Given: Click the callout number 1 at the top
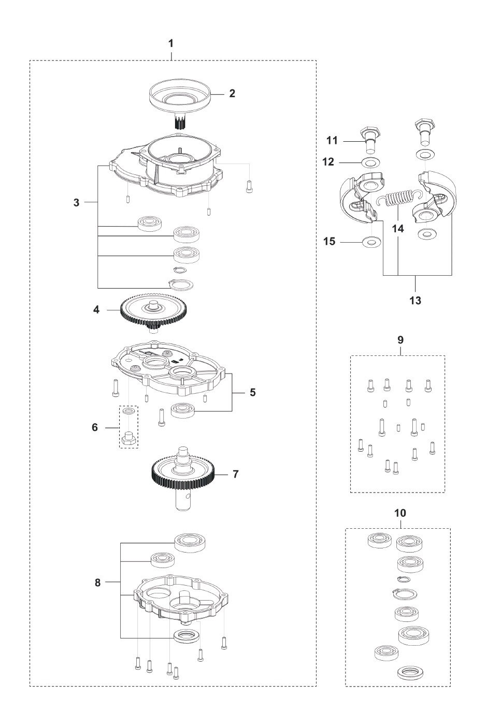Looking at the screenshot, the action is click(x=171, y=43).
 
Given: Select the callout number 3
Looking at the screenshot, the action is click(x=76, y=202).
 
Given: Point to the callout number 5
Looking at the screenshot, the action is click(x=253, y=392).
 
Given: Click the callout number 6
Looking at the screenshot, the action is click(x=95, y=427).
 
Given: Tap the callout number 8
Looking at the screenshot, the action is click(x=97, y=583).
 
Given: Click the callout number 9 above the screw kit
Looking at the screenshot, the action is click(x=400, y=340).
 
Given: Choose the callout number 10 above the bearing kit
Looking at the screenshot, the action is click(x=400, y=513).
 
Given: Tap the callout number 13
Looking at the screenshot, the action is click(x=415, y=301).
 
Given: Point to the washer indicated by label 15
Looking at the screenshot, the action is click(x=370, y=242).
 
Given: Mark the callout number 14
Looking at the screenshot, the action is click(x=398, y=229).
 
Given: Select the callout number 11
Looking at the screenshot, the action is click(x=332, y=140).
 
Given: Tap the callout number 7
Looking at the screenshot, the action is click(x=236, y=474).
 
